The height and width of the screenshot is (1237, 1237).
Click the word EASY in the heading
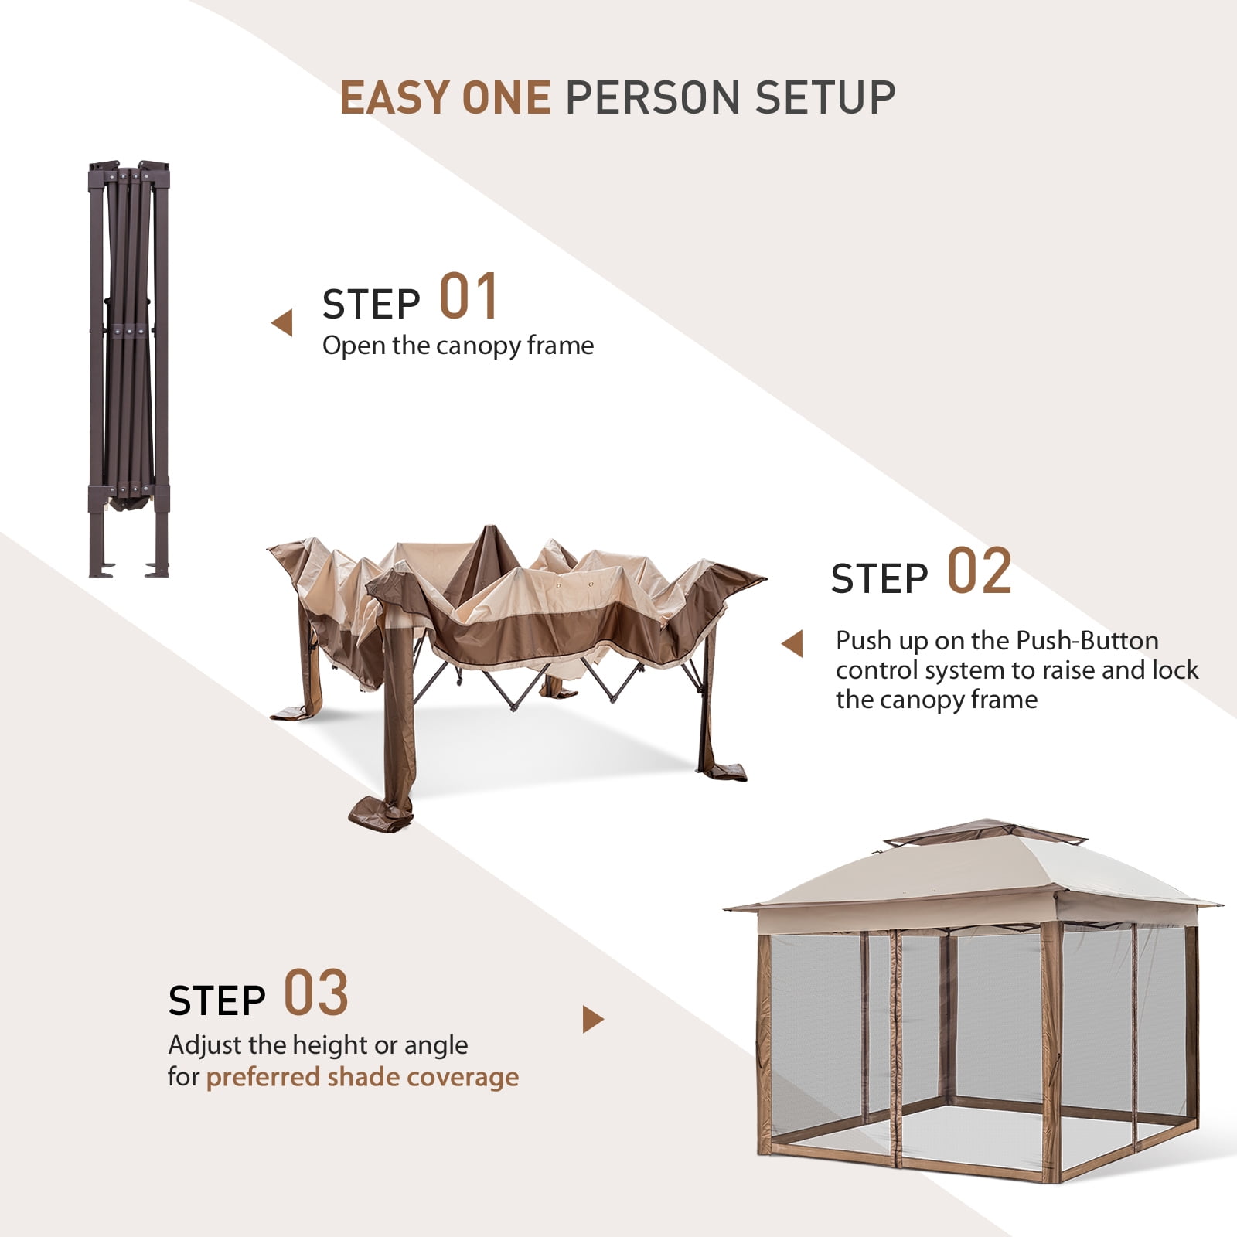[x=394, y=98]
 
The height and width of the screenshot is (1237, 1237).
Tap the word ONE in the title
[x=506, y=98]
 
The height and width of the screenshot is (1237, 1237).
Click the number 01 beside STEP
[x=469, y=297]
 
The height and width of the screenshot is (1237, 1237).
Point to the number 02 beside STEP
[x=980, y=571]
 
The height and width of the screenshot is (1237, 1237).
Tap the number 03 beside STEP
[x=316, y=993]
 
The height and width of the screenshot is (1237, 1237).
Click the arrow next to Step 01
[x=282, y=323]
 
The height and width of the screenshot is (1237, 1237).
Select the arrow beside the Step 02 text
[x=792, y=644]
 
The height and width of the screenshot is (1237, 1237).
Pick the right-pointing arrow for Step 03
[x=593, y=1020]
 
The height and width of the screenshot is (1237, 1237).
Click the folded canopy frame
[x=129, y=370]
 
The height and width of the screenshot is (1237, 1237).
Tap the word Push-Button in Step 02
[x=1087, y=641]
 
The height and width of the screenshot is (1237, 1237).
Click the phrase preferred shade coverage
[x=363, y=1077]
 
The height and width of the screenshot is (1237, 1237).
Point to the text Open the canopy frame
[x=458, y=346]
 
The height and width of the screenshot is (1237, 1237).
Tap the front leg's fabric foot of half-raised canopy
[x=381, y=813]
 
